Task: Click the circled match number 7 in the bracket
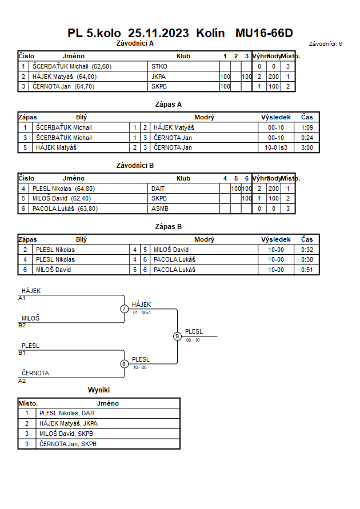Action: click(124, 308)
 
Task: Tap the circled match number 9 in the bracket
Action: click(177, 336)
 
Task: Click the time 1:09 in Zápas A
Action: click(307, 127)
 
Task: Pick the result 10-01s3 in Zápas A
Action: click(276, 148)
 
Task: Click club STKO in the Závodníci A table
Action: click(159, 66)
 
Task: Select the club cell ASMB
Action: click(159, 209)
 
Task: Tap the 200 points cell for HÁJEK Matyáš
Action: click(274, 77)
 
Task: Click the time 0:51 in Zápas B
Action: click(307, 270)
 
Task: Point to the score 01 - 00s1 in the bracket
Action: click(142, 312)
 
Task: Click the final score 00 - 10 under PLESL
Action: click(193, 340)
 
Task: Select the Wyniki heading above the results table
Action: click(99, 390)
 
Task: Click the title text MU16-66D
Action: click(264, 33)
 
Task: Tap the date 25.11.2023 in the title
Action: click(158, 33)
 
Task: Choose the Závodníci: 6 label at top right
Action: click(326, 44)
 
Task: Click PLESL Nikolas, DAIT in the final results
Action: click(67, 413)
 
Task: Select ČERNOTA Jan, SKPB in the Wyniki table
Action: click(68, 444)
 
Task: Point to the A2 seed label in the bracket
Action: click(22, 381)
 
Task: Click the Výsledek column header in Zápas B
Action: click(276, 239)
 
